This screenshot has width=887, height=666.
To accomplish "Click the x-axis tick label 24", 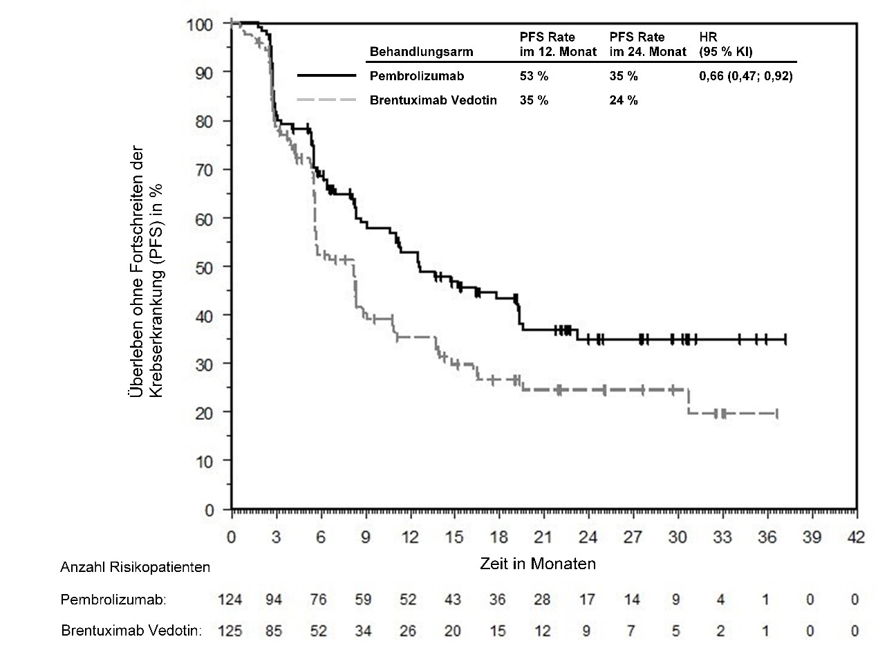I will coord(588,537).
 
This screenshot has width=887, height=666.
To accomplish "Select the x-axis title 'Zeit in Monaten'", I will coord(538,564).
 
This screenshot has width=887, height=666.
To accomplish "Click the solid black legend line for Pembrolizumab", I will coord(326,75).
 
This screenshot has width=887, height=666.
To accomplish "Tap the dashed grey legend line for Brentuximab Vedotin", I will coord(326,100).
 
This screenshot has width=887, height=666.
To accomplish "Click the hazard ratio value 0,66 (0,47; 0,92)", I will coord(746,76).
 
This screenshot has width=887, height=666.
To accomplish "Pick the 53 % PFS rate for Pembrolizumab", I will coord(534,76).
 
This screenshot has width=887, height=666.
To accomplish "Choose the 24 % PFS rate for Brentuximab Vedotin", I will coord(623,100).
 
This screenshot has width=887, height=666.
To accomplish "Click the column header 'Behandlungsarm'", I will coord(421,52).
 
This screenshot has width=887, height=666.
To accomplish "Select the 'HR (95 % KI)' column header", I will coord(726,44).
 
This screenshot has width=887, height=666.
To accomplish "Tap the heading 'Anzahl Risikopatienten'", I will coord(135,567).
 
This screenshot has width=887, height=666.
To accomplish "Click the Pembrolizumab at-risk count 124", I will coord(230,600).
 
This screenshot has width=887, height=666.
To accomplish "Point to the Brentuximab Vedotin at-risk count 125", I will coord(230,631).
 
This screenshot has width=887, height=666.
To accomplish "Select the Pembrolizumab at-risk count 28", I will coord(542,600).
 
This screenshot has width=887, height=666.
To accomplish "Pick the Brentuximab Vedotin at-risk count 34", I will coord(364,631).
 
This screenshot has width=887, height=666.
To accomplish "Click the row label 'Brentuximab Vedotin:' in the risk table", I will coord(131,631).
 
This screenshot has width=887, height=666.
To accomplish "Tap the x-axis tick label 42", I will coord(856,537).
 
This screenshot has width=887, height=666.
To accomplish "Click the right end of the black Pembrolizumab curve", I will coord(785,340).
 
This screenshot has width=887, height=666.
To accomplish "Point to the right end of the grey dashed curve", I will coord(777,414).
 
